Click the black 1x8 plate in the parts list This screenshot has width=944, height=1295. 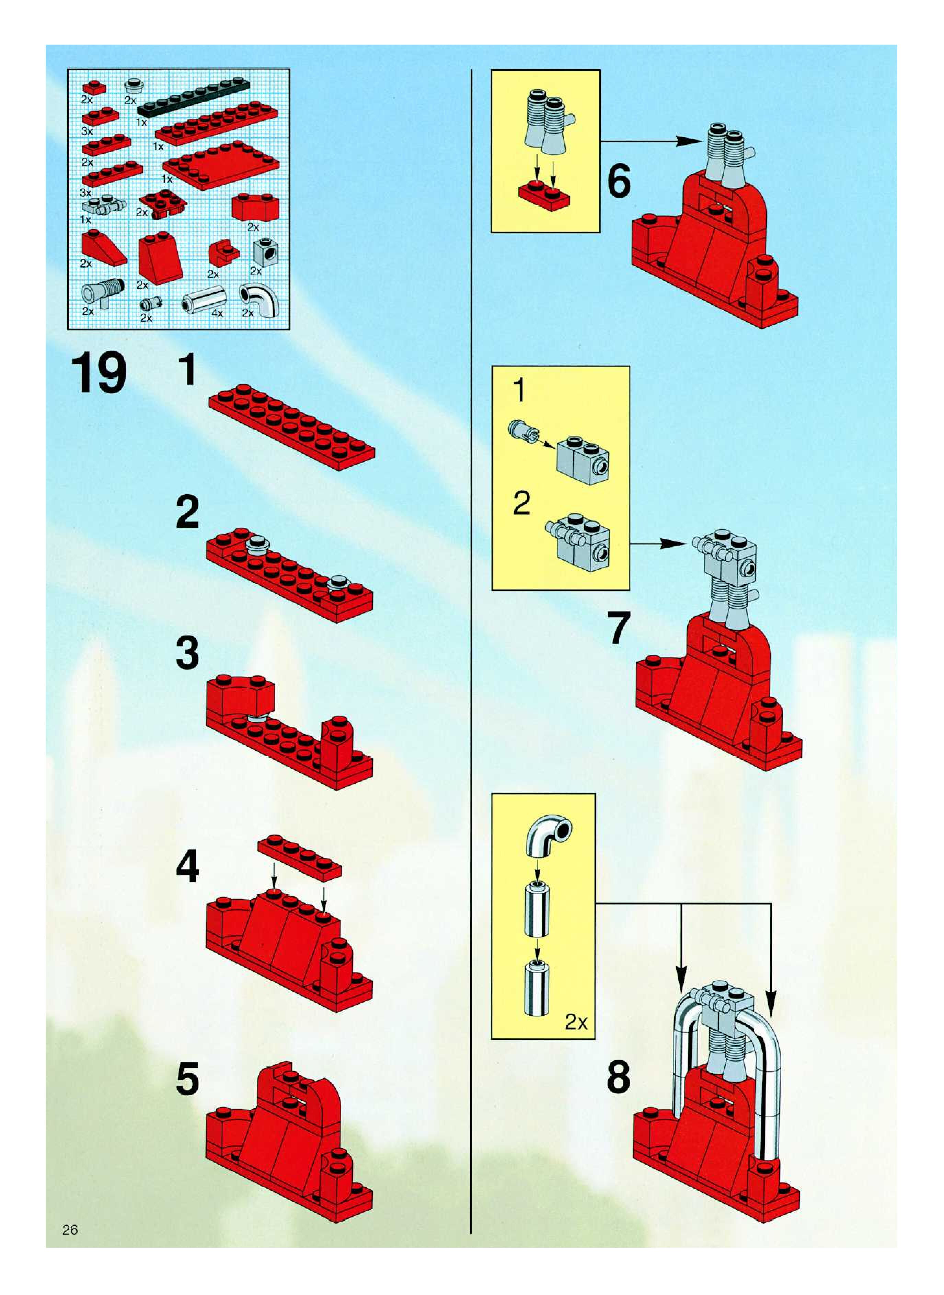193,98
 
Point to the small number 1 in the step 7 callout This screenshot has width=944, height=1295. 519,391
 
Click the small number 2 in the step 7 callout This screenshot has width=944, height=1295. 521,503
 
